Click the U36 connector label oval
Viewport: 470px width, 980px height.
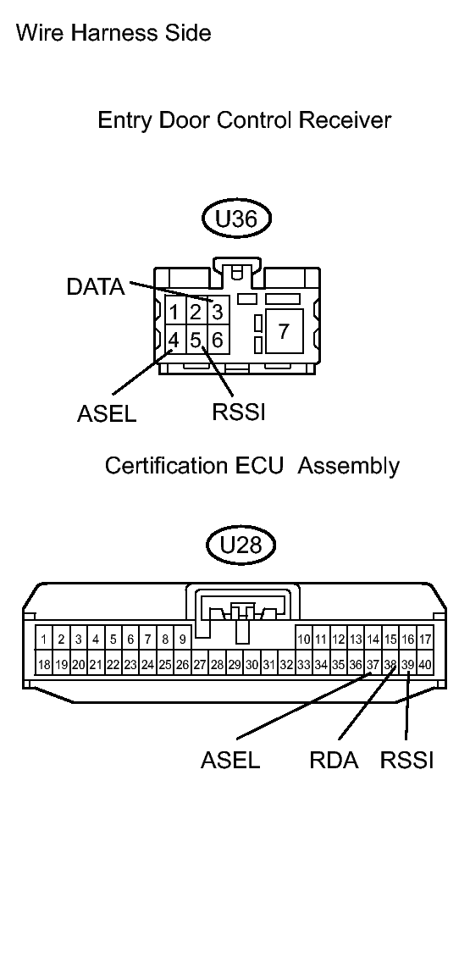pos(235,219)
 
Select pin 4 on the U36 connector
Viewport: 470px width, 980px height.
pos(174,341)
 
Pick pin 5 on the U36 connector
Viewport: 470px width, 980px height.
pos(196,341)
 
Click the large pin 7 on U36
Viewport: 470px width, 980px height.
pos(284,330)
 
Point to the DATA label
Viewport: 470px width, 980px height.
pos(95,287)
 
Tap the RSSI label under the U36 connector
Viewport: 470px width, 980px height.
pos(239,412)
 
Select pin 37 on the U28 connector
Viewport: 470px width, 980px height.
pos(373,665)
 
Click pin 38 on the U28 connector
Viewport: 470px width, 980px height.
pos(390,665)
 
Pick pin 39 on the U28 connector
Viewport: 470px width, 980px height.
pos(407,665)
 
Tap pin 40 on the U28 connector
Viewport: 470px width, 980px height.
pos(424,665)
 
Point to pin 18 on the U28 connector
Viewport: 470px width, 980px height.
pos(43,665)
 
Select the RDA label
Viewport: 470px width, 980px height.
pos(334,760)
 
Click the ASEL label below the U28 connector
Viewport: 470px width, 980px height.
pos(230,760)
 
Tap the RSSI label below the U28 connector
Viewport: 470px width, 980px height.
pos(406,760)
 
